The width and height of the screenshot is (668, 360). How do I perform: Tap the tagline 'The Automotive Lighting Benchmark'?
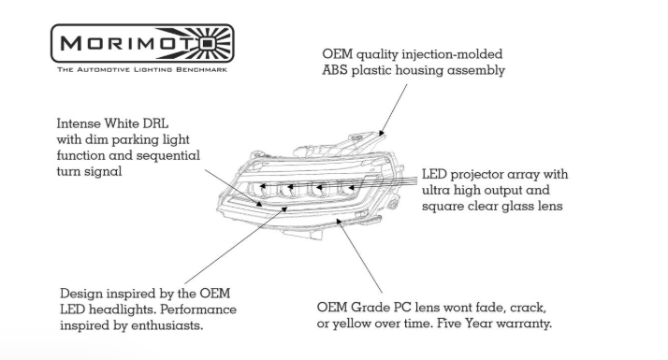point(142,69)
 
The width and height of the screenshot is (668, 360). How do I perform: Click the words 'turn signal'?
point(89,172)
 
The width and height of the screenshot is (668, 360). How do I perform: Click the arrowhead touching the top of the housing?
point(382,133)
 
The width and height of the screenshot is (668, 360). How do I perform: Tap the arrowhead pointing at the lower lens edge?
point(339,221)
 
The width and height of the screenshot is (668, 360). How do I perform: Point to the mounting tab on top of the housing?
point(357,137)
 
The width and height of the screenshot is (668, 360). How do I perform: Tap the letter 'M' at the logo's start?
point(71,43)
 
